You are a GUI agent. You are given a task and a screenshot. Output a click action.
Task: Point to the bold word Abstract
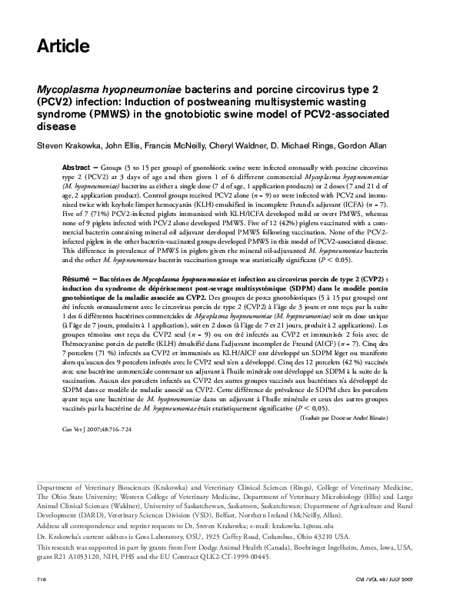77,167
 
